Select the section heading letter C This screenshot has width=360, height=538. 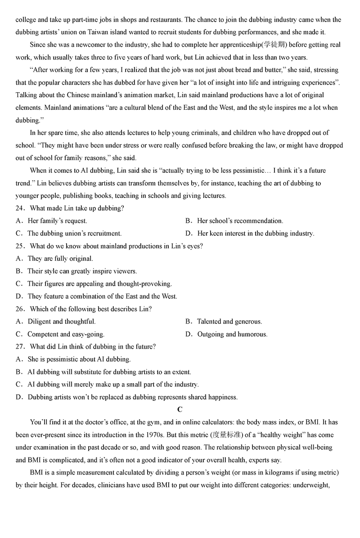coord(180,409)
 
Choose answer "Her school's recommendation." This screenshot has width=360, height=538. coord(240,221)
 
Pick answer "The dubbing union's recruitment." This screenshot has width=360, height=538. coord(74,233)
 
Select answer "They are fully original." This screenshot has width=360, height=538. coord(60,259)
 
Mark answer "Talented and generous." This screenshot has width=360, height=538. coord(229,322)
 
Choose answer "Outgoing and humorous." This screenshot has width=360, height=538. coord(232,334)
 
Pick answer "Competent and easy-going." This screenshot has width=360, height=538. coord(66,334)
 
